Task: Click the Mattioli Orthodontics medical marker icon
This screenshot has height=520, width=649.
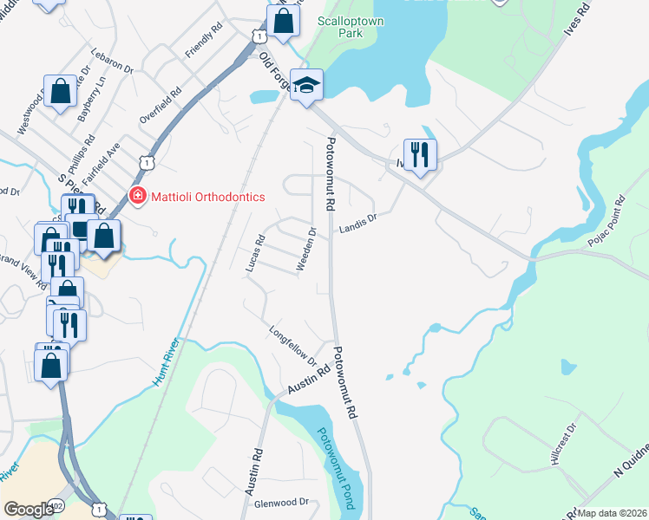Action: point(137,197)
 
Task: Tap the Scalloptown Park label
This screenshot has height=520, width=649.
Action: point(351,26)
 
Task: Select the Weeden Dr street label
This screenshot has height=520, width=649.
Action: point(305,250)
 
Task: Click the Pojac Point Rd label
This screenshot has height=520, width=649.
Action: point(606,220)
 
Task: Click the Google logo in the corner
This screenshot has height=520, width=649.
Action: point(29,510)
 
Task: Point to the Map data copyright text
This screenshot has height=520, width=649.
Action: point(612,513)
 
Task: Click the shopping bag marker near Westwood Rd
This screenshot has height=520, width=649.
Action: point(61,91)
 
